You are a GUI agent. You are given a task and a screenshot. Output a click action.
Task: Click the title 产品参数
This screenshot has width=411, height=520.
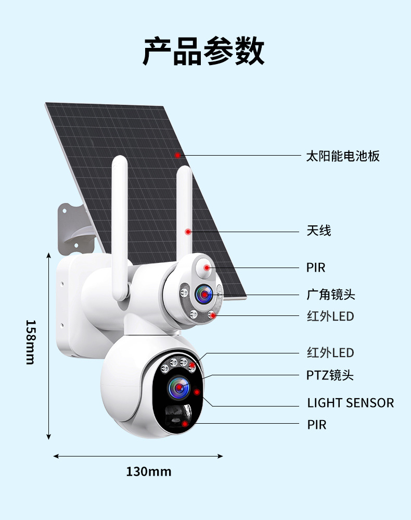[x=203, y=51]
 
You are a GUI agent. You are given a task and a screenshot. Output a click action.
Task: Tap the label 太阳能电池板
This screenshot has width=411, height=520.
[x=343, y=156]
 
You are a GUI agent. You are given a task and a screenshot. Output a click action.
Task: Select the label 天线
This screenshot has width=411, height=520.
[x=318, y=231]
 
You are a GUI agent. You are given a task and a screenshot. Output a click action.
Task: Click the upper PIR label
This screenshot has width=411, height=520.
[x=315, y=268]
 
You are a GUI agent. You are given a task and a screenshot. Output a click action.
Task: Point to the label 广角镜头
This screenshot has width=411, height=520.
[x=330, y=295]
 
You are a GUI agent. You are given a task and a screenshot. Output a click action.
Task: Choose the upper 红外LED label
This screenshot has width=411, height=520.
[x=330, y=316]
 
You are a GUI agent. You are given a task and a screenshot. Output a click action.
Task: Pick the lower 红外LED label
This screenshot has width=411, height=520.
[x=330, y=353]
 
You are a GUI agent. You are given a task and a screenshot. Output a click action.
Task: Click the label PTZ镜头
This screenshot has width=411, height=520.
[x=330, y=375]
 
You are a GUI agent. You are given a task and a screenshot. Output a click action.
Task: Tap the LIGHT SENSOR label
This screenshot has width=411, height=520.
[x=350, y=402]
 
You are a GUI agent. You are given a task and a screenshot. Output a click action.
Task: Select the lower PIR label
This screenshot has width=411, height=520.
[x=316, y=425]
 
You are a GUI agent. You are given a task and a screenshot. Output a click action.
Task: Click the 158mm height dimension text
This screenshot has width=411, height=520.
[x=31, y=342]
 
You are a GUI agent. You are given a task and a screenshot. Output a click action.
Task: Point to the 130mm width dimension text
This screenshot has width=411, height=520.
[x=148, y=472]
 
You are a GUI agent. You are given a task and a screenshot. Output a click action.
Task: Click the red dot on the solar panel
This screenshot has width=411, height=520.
[x=177, y=155]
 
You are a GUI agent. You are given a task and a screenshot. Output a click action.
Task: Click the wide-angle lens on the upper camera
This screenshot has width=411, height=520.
[x=203, y=295]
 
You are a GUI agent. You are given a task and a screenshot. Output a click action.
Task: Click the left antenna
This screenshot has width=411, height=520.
[x=120, y=224]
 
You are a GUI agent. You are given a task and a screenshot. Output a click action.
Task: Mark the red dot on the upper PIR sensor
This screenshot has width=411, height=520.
[x=207, y=268]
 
